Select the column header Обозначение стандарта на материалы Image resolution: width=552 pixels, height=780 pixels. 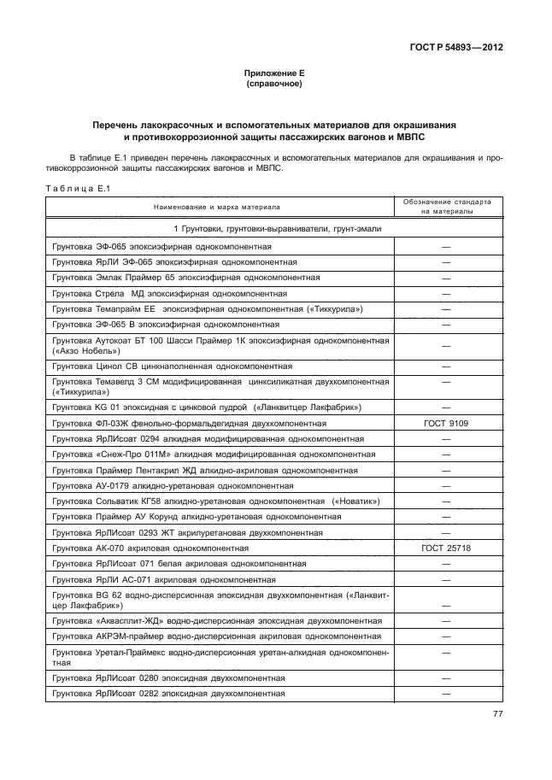pos(446,207)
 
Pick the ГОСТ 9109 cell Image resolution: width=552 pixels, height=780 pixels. pos(446,423)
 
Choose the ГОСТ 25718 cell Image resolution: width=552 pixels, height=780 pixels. pos(446,548)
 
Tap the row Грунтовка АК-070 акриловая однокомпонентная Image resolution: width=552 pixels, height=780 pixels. pos(150,548)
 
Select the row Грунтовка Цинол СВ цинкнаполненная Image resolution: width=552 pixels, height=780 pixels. pos(172,366)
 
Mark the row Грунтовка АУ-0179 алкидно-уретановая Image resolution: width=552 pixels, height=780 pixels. pos(178,485)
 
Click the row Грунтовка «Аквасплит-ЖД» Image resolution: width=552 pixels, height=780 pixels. pos(217,620)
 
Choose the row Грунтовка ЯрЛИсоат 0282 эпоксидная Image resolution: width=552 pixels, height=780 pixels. pos(168,693)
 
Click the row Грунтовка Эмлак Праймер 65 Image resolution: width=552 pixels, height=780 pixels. pos(186,278)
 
